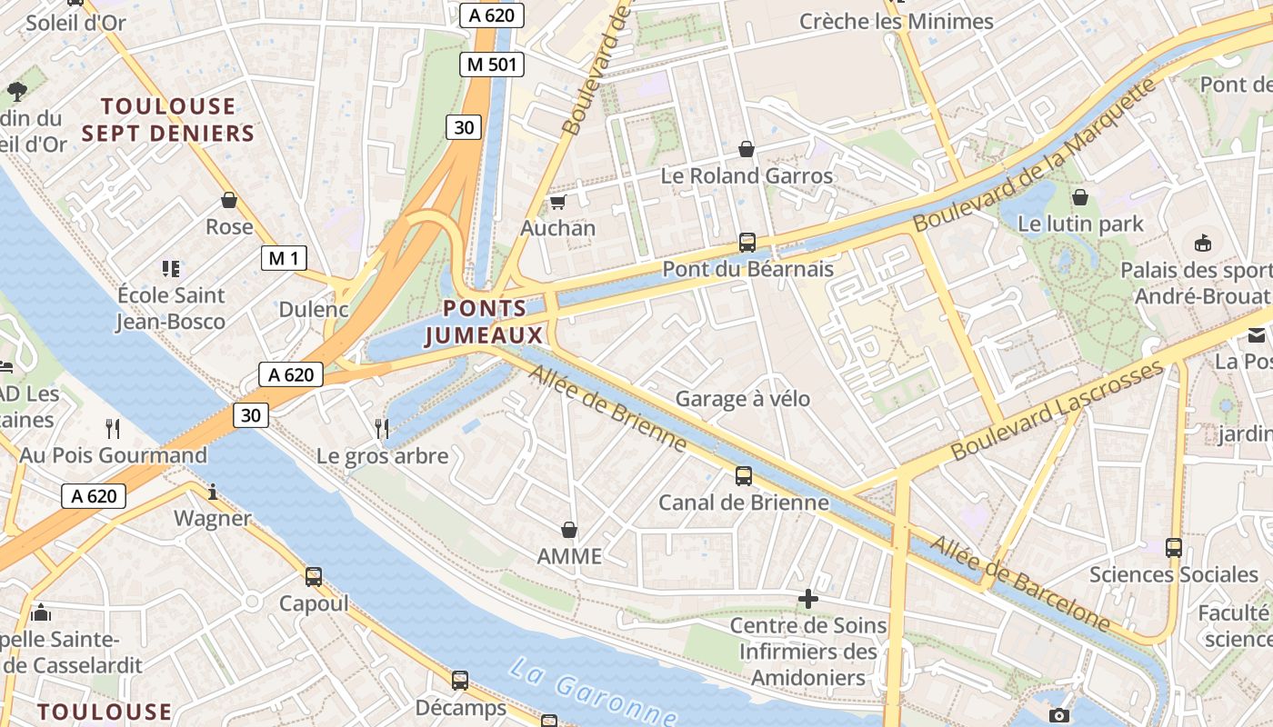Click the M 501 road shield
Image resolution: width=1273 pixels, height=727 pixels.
click(x=492, y=65)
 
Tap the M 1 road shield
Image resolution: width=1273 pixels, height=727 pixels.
click(x=284, y=258)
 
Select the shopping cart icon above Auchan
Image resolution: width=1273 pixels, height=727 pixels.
click(x=557, y=202)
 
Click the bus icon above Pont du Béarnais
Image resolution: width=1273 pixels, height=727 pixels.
click(x=747, y=243)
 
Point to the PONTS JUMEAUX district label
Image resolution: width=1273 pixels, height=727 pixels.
click(x=485, y=322)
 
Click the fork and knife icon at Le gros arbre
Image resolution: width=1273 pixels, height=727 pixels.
click(x=382, y=427)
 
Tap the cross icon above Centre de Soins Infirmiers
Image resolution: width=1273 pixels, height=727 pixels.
click(x=807, y=598)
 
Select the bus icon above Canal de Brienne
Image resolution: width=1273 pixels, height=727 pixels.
click(x=743, y=475)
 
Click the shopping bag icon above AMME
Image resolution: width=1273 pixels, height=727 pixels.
click(x=569, y=529)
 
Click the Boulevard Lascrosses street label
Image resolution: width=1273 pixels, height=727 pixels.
click(x=1057, y=410)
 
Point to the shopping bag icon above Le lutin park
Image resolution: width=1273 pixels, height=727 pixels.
click(x=1080, y=196)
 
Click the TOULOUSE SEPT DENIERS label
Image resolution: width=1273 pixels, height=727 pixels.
click(x=167, y=120)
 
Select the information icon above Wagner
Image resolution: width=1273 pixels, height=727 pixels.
click(x=213, y=492)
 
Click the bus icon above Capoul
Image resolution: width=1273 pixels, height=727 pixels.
click(x=314, y=576)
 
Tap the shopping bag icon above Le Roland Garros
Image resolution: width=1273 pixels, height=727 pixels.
click(x=747, y=148)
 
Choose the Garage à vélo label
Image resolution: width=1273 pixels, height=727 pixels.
click(x=742, y=398)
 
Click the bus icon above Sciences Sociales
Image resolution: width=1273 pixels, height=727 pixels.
click(x=1173, y=547)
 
